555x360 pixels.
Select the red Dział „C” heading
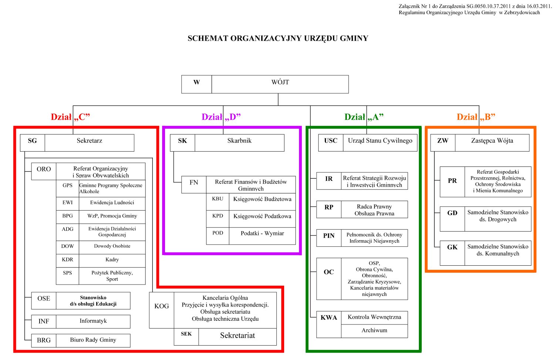click(x=70, y=117)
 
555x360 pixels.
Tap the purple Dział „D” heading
click(x=221, y=117)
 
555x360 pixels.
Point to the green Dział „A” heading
click(x=364, y=117)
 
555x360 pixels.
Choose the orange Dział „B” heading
click(x=476, y=117)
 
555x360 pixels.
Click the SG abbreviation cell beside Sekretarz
click(x=33, y=143)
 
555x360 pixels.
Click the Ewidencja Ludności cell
click(x=112, y=203)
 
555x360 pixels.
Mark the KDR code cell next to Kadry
click(x=67, y=260)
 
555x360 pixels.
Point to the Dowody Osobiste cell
click(x=112, y=247)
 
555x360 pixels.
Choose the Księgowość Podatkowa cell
click(x=262, y=219)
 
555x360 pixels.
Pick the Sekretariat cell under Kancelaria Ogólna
click(x=238, y=337)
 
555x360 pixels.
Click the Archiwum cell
click(x=374, y=331)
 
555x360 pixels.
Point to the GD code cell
click(x=452, y=219)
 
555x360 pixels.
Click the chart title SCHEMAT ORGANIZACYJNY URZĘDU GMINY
click(x=278, y=38)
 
